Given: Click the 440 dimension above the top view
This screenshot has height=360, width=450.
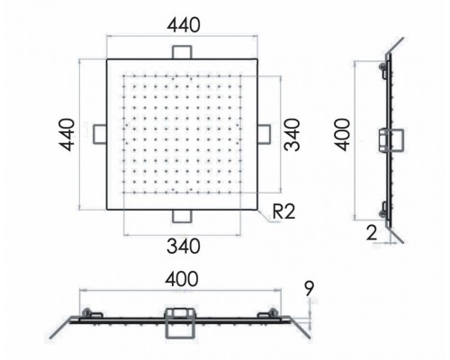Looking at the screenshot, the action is [x=184, y=25].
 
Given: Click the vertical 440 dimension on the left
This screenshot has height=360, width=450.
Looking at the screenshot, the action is [x=67, y=135].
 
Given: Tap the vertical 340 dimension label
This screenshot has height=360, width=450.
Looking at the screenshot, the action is [x=292, y=135].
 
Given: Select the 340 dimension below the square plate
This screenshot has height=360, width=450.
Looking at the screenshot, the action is [x=184, y=246].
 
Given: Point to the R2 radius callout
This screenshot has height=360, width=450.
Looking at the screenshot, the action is [x=283, y=211].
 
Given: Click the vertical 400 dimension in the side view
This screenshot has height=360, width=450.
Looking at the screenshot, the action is [x=342, y=135].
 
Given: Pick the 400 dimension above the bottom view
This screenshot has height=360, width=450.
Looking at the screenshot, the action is [x=182, y=279].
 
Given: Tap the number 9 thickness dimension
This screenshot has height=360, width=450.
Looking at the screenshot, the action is [x=309, y=288].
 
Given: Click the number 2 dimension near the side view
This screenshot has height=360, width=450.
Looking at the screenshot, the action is [x=372, y=233].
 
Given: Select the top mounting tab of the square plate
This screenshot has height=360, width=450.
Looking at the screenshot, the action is [x=182, y=52].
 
